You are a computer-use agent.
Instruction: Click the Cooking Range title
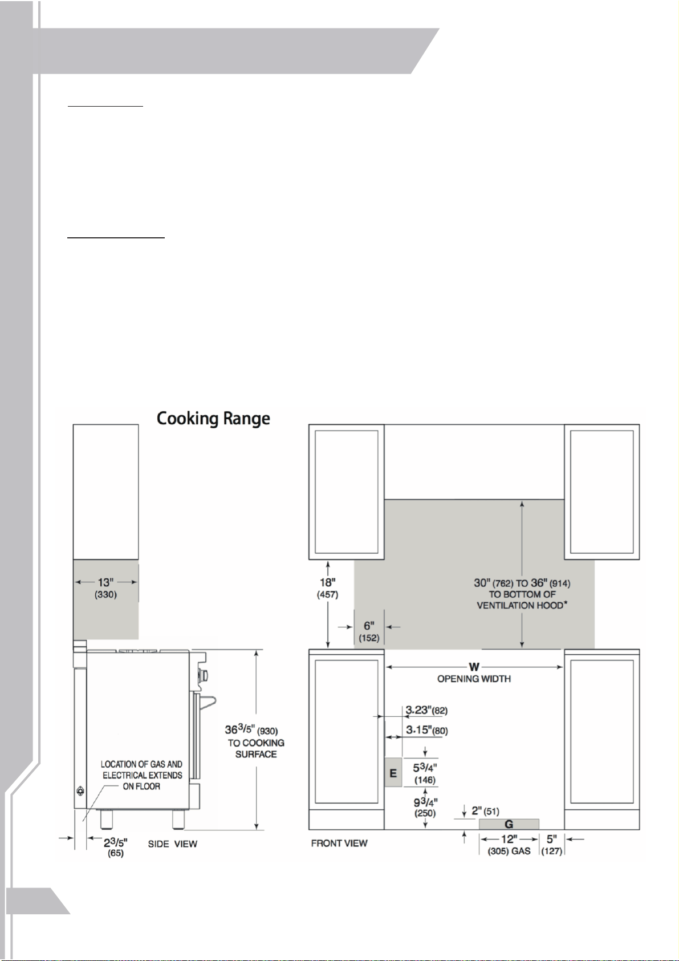pos(213,419)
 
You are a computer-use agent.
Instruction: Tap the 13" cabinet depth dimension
pos(105,588)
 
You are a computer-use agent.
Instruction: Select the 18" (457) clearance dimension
pos(328,588)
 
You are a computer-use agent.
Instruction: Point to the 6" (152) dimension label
pos(369,631)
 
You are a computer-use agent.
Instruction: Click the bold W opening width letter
pos(474,667)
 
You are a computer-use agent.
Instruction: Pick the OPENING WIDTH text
pos(474,679)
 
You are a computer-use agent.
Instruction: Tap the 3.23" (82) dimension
pos(427,710)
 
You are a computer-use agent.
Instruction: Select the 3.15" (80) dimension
pos(427,730)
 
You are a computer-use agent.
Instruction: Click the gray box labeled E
pos(393,772)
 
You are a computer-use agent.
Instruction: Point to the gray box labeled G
pos(509,824)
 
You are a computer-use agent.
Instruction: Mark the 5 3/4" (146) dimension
pos(425,773)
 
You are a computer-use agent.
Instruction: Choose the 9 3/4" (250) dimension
pos(425,807)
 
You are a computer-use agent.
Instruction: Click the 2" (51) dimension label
pos(485,811)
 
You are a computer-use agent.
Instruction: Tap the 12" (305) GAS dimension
pos(509,845)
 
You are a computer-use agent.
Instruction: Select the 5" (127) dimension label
pos(552,845)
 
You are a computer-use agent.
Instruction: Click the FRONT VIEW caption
pos(339,843)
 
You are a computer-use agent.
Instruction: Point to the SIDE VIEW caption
pos(172,844)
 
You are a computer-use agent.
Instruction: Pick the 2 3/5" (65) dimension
pos(116,847)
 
